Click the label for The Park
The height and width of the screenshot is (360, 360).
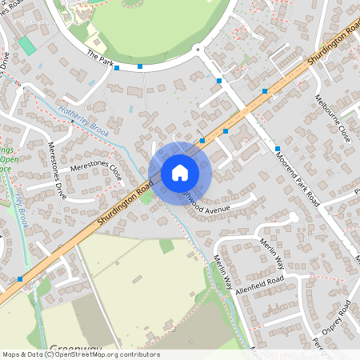pyautogui.click(x=102, y=58)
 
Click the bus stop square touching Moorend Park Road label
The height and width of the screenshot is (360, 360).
pyautogui.click(x=277, y=149)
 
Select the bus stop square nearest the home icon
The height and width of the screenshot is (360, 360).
pyautogui.click(x=202, y=140)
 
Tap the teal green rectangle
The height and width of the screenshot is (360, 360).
pyautogui.click(x=27, y=46)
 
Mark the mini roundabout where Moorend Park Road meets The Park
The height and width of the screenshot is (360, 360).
pyautogui.click(x=198, y=46)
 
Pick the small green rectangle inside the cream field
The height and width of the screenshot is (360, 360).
pyautogui.click(x=166, y=246)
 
